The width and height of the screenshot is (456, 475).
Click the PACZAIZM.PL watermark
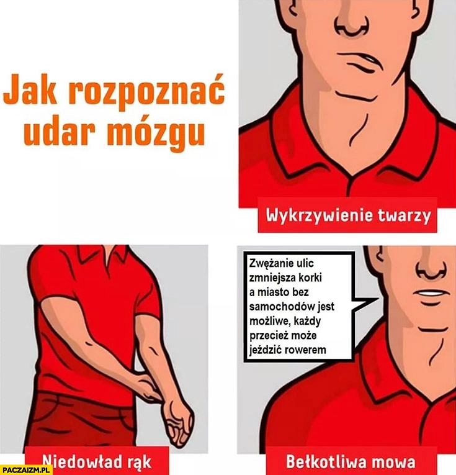tap(26, 469)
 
